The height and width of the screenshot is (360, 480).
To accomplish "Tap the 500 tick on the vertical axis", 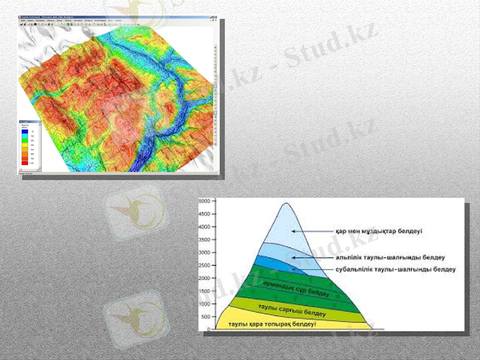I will tap(206, 316).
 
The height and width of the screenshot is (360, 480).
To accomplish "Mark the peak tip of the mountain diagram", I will tap(287, 204).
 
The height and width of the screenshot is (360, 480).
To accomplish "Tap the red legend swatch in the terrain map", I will tap(25, 162).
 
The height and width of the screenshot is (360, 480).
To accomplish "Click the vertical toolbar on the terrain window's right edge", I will tap(214, 96).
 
